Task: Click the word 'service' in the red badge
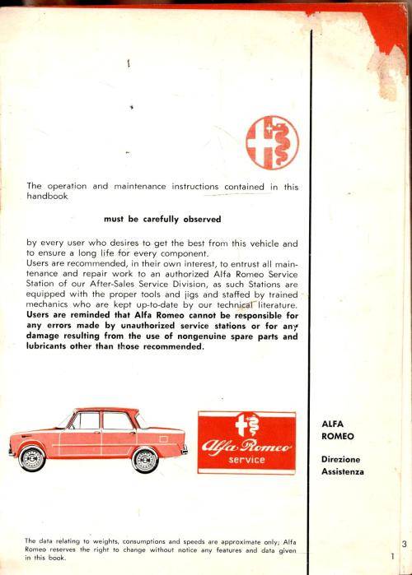coord(246,459)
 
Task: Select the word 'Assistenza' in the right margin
coord(343,472)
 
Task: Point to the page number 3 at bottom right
coord(405,543)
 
